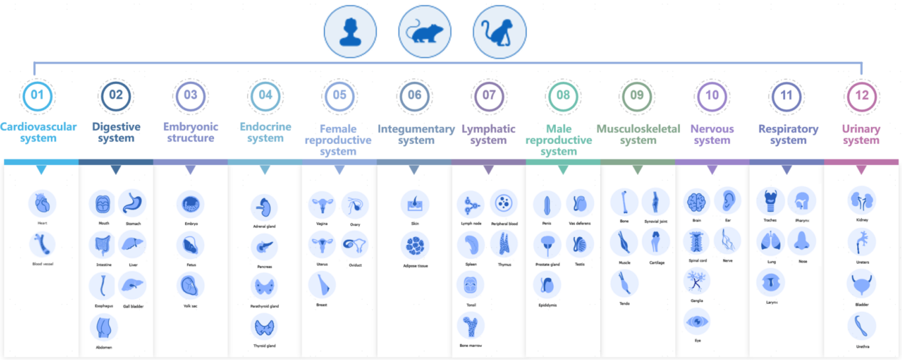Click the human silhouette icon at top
(350, 32)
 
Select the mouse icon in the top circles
(425, 32)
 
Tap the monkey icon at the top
(500, 32)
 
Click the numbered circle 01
(38, 95)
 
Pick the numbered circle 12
(862, 95)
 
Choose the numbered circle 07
(489, 95)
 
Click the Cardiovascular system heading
(38, 132)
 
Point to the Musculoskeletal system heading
(638, 134)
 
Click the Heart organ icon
(42, 204)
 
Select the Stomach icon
(132, 203)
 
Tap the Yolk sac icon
(190, 286)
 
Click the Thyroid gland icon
(264, 327)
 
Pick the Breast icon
(322, 285)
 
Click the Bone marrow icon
(470, 326)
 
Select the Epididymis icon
(547, 285)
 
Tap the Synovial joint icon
(655, 202)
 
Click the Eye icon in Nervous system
(697, 322)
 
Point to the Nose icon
(802, 242)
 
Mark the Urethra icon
(862, 326)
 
